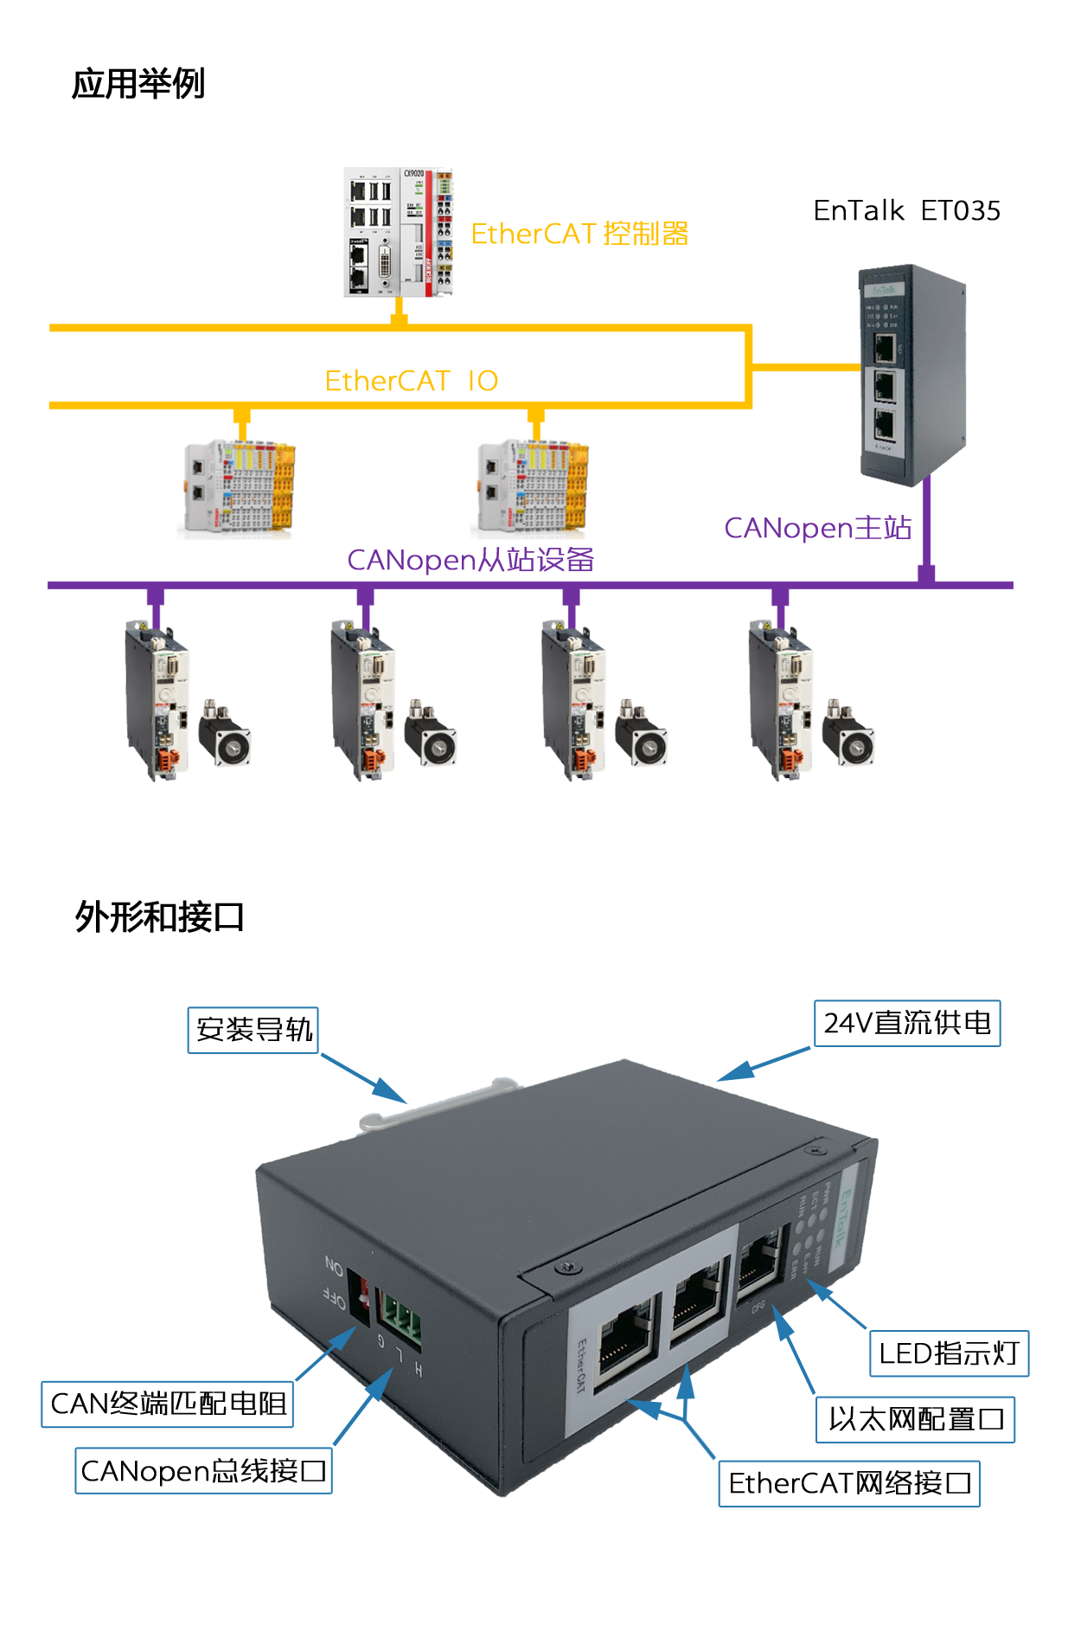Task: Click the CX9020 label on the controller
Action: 415,174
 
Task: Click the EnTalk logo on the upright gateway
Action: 884,291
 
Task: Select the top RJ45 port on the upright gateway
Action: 884,348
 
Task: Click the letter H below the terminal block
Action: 419,1369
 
